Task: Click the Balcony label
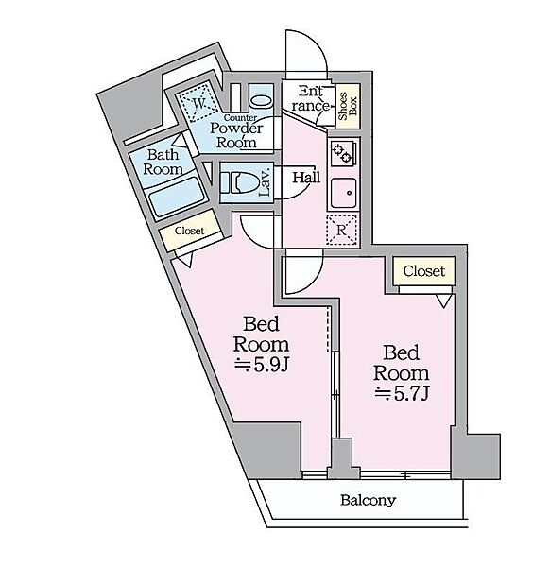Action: point(369,501)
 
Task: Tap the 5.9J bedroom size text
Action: point(262,366)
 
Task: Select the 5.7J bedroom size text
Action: point(402,393)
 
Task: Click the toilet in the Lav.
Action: point(240,182)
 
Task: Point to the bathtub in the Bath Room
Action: point(177,198)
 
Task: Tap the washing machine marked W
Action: point(198,103)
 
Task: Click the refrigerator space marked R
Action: point(342,230)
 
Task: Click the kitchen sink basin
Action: point(344,193)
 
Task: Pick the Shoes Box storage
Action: point(348,106)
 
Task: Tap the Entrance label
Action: point(311,98)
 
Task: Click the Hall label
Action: point(306,178)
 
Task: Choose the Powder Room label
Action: point(236,135)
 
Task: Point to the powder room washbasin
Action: point(261,100)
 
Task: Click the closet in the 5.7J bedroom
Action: point(423,271)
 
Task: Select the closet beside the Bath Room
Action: point(190,231)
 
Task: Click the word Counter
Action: point(240,117)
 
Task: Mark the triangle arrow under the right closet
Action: point(444,301)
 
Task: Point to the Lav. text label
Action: point(266,182)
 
